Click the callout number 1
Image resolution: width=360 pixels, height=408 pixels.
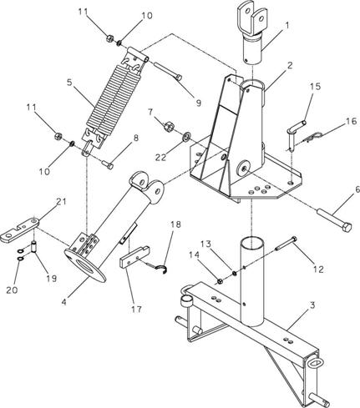pyautogui.click(x=286, y=26)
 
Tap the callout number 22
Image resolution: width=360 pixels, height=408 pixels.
pyautogui.click(x=160, y=158)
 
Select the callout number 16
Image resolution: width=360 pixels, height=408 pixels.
pyautogui.click(x=351, y=121)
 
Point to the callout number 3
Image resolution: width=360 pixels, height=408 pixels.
pyautogui.click(x=312, y=305)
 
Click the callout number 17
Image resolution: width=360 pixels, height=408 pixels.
pyautogui.click(x=136, y=309)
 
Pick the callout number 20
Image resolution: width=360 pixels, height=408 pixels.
pyautogui.click(x=12, y=290)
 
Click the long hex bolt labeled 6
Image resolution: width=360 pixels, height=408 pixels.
pyautogui.click(x=334, y=219)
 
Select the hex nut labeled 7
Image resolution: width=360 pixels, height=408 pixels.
pyautogui.click(x=169, y=128)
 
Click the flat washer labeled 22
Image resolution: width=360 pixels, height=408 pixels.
pyautogui.click(x=186, y=136)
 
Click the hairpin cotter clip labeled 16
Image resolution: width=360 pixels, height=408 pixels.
pyautogui.click(x=313, y=138)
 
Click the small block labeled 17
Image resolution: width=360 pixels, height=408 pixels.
pyautogui.click(x=134, y=256)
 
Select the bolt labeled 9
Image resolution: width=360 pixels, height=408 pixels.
pyautogui.click(x=168, y=71)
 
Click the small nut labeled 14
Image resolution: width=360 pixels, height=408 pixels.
pyautogui.click(x=220, y=281)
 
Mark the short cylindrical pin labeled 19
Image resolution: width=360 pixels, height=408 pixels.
pyautogui.click(x=34, y=247)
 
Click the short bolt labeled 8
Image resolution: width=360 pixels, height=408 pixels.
pyautogui.click(x=108, y=165)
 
